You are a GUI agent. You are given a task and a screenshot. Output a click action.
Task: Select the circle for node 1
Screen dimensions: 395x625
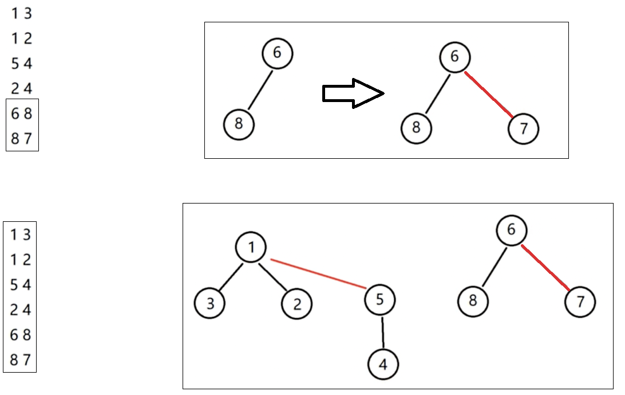pyautogui.click(x=251, y=247)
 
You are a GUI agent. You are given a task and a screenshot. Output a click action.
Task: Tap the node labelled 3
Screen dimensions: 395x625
pyautogui.click(x=209, y=303)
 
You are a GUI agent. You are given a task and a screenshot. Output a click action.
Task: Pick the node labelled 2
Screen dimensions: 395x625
pyautogui.click(x=296, y=304)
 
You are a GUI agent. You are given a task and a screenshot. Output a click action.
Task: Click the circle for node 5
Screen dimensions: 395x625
pyautogui.click(x=379, y=299)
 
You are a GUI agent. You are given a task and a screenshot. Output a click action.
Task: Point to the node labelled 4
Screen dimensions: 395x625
pyautogui.click(x=383, y=364)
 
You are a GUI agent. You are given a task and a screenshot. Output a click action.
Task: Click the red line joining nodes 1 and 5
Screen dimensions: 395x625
pyautogui.click(x=318, y=273)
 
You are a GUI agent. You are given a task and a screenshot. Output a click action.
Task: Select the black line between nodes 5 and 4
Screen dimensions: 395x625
pyautogui.click(x=382, y=331)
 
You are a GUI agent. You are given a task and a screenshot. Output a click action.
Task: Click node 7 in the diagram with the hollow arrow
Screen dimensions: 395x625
pyautogui.click(x=523, y=129)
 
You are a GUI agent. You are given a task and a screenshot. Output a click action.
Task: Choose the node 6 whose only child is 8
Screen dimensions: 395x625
pyautogui.click(x=278, y=53)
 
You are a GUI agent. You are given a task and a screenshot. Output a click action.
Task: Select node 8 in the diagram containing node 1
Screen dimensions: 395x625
pyautogui.click(x=473, y=300)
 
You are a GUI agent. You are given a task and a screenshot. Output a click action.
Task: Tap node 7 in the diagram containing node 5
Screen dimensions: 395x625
pyautogui.click(x=580, y=302)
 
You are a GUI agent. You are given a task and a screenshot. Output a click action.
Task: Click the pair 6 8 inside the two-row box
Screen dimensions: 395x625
pyautogui.click(x=22, y=114)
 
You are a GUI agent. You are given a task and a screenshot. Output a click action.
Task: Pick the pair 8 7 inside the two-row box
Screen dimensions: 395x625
pyautogui.click(x=22, y=138)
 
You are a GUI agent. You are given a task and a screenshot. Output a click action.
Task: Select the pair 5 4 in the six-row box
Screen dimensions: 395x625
pyautogui.click(x=21, y=285)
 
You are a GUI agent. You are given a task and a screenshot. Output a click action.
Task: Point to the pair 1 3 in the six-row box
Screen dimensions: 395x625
pyautogui.click(x=21, y=234)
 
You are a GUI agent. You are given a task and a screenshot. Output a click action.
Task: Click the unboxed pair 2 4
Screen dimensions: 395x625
pyautogui.click(x=22, y=88)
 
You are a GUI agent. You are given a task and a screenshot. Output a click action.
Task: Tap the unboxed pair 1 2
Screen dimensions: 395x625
pyautogui.click(x=22, y=38)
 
